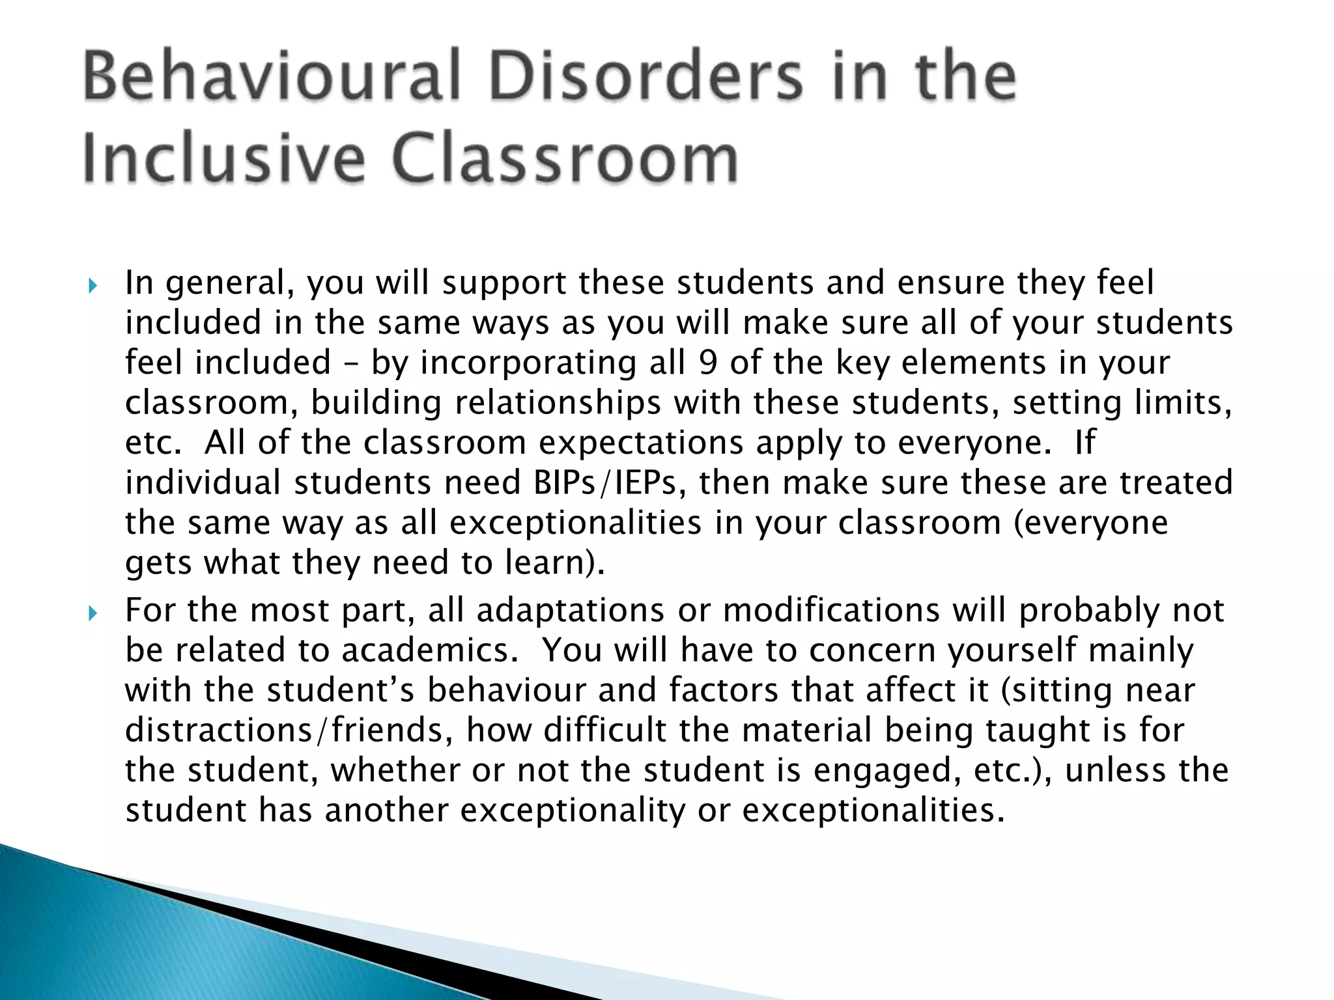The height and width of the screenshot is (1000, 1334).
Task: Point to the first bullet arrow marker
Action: (x=92, y=286)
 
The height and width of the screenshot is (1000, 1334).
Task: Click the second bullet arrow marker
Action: (x=92, y=613)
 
